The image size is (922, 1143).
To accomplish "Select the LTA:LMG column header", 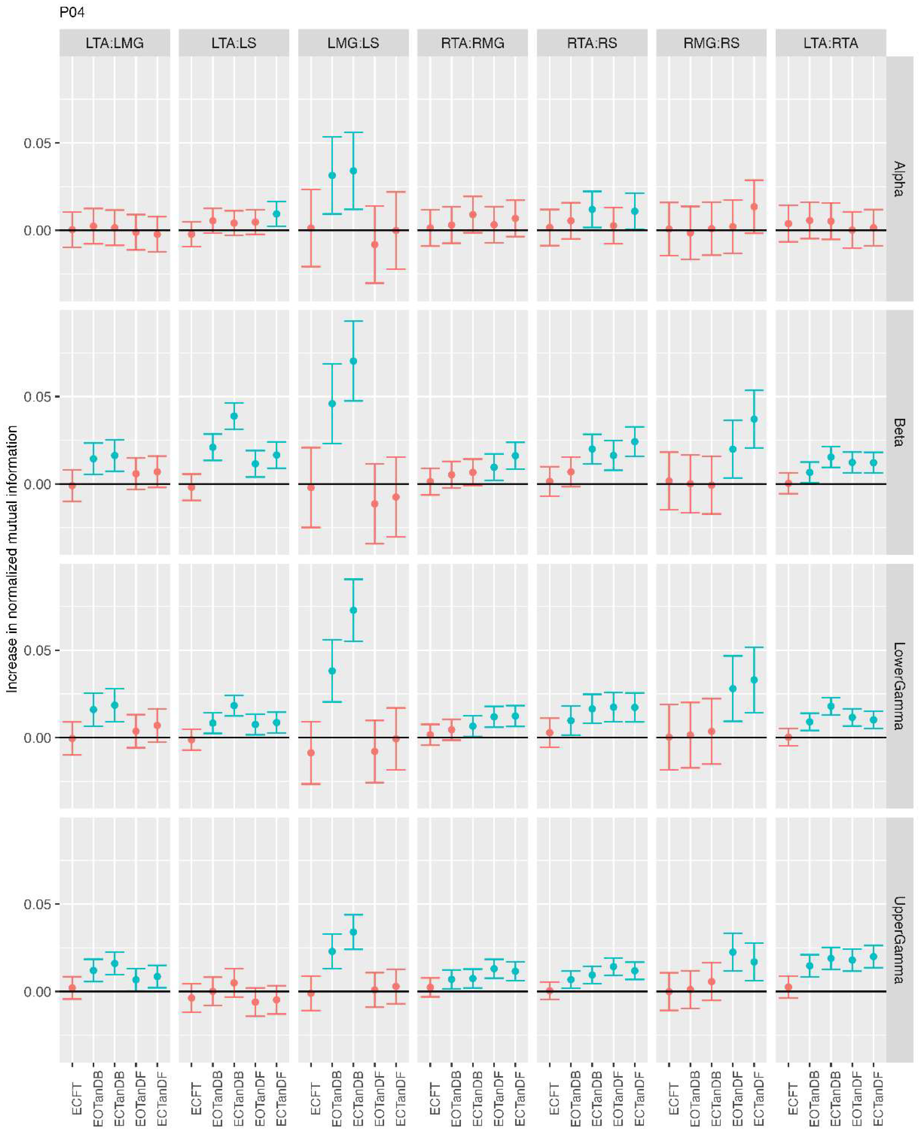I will (x=115, y=43).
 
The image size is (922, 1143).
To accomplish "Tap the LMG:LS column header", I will (x=353, y=43).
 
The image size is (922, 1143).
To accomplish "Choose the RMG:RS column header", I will (x=711, y=43).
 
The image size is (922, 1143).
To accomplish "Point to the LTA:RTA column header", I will (x=831, y=43).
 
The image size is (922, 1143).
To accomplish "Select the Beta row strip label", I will (x=899, y=432).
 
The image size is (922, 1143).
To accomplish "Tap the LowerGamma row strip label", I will (x=899, y=686).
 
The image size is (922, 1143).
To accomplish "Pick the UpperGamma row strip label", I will (x=899, y=940).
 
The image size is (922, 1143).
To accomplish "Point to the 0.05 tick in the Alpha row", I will (x=38, y=143).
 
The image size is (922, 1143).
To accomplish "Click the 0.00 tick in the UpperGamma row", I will (x=38, y=992).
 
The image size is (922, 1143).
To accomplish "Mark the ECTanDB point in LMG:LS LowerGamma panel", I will (x=353, y=611).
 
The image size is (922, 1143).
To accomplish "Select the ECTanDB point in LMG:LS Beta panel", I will (x=353, y=361).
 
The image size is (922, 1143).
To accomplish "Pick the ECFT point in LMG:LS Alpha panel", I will (x=311, y=228).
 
